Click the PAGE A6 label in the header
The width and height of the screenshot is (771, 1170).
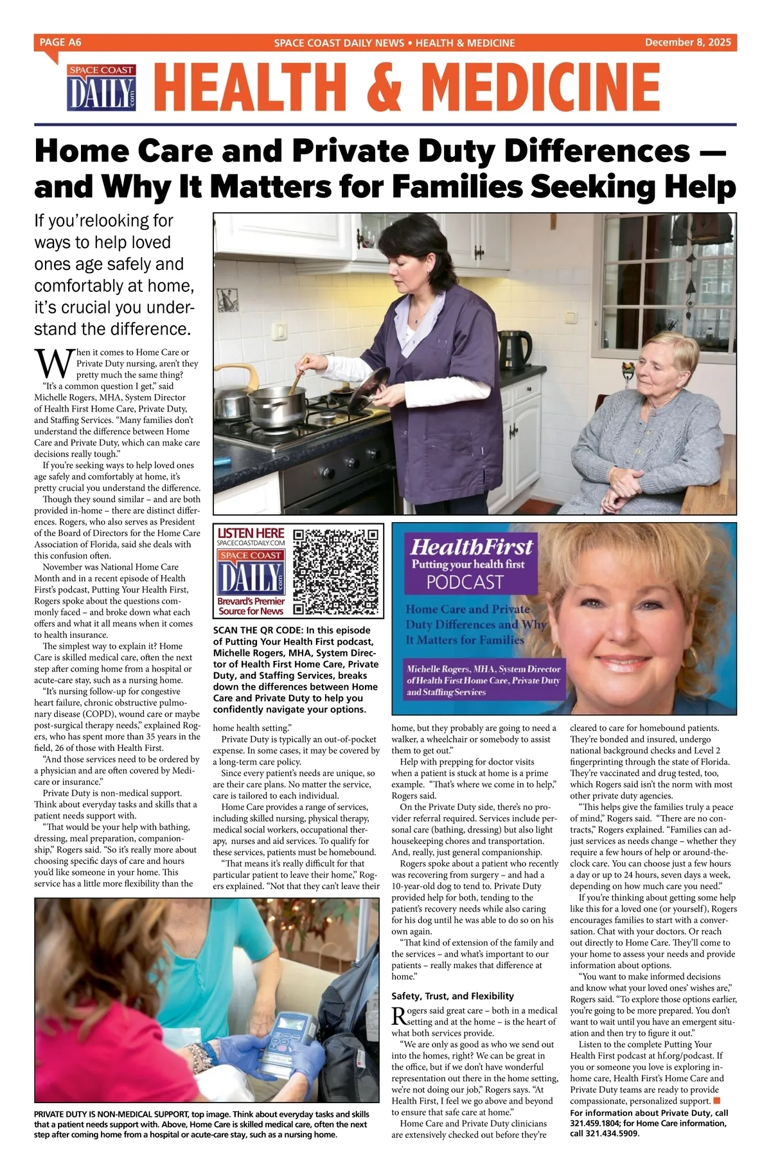coord(60,42)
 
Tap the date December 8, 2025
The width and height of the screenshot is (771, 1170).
coord(687,42)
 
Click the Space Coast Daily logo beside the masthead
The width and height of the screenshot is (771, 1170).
coord(101,87)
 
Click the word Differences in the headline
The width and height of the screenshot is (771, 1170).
coord(596,152)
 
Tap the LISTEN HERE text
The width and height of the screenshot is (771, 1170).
coord(251,532)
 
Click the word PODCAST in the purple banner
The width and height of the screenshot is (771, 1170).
coord(465,582)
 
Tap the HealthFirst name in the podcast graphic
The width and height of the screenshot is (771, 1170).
coord(471,547)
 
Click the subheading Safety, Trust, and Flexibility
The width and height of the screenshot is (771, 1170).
coord(452,996)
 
